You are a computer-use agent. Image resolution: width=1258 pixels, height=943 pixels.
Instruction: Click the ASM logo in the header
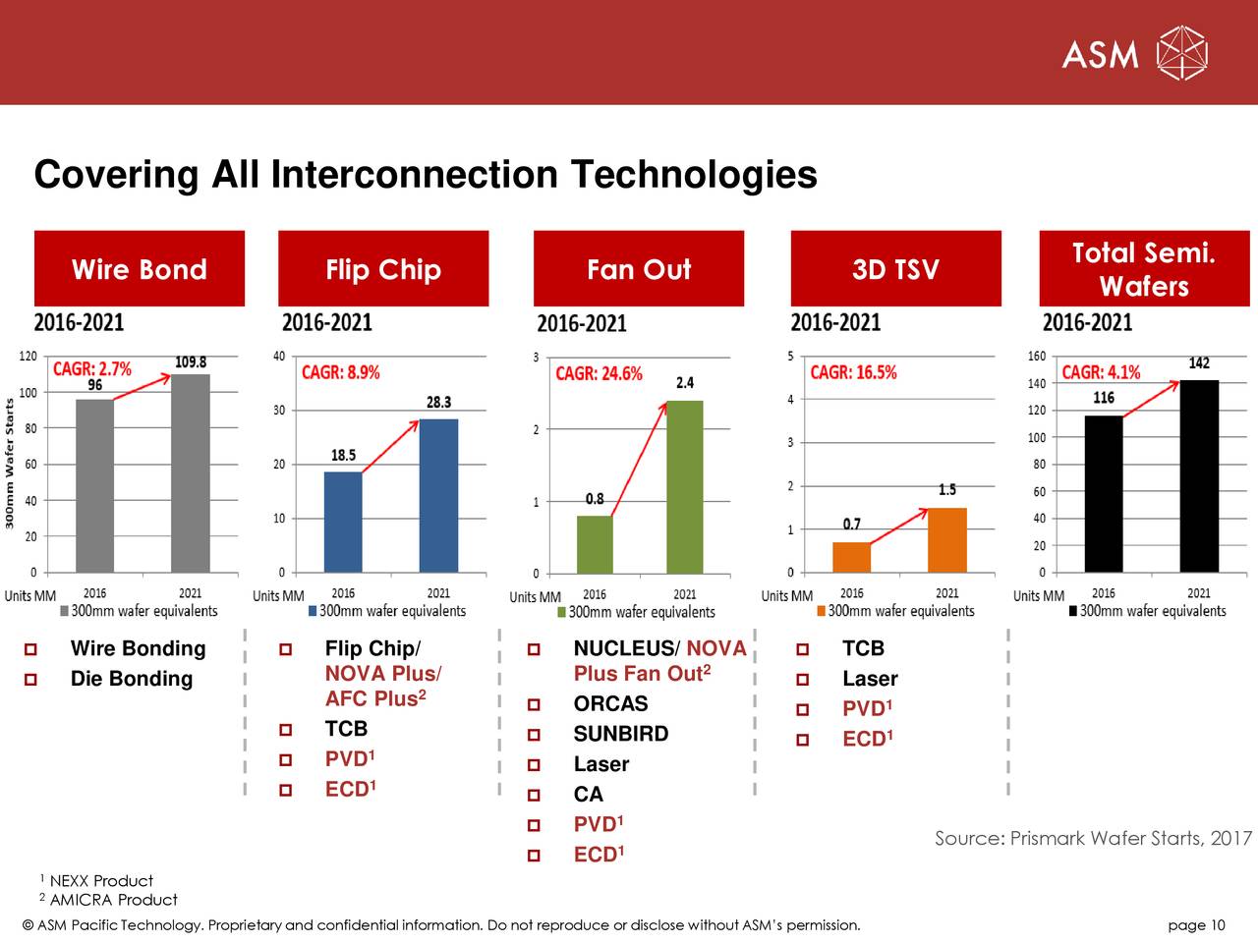click(1134, 54)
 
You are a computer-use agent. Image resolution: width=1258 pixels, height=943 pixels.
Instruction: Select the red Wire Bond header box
click(139, 269)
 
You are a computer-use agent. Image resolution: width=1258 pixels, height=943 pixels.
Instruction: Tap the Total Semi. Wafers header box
click(1143, 269)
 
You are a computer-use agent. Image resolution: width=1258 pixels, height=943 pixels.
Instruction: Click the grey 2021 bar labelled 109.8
click(190, 472)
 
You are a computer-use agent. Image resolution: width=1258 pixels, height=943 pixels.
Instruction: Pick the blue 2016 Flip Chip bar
click(343, 522)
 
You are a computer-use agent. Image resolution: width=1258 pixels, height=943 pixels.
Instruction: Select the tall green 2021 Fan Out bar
click(685, 486)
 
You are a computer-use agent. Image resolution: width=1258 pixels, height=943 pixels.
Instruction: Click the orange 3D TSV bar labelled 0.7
click(851, 557)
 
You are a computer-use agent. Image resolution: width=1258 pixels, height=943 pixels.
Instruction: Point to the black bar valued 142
click(1199, 475)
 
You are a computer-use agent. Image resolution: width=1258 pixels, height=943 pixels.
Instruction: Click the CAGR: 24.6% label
click(599, 374)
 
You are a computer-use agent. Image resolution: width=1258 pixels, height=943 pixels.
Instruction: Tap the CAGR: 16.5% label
click(853, 372)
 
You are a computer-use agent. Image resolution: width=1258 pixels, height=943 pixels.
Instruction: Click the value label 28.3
click(438, 402)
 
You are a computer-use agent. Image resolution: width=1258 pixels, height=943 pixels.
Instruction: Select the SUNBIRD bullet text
click(620, 734)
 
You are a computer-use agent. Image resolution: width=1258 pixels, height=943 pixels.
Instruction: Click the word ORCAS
click(610, 703)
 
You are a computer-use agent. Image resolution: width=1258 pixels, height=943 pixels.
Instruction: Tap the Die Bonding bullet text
click(132, 679)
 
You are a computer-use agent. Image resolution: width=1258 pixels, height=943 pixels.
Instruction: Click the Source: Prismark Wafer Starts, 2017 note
click(1093, 838)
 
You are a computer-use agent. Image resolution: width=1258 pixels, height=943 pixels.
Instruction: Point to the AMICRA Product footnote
click(113, 900)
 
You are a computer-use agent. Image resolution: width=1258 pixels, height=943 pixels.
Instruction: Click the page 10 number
click(1196, 925)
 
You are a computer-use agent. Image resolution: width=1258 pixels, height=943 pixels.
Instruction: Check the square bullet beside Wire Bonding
click(31, 649)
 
